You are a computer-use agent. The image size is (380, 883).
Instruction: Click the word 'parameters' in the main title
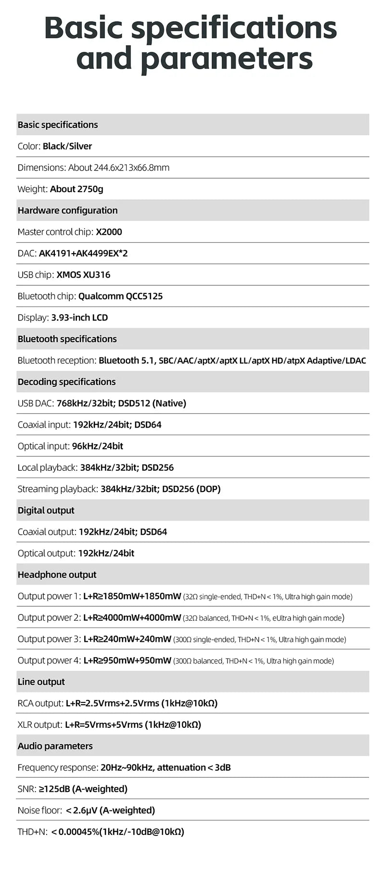point(227,59)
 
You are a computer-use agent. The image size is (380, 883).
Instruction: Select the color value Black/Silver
point(67,146)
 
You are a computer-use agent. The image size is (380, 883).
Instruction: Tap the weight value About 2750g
point(76,189)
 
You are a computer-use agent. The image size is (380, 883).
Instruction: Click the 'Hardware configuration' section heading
point(67,210)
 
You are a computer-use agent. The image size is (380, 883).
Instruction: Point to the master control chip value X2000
point(109,232)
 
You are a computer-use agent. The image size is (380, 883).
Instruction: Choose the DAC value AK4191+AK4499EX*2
point(83,253)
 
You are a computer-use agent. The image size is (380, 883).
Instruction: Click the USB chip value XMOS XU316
point(83,275)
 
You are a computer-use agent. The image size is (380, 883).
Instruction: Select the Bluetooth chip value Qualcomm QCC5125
point(120,296)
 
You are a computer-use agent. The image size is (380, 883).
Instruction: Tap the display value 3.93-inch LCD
point(79,318)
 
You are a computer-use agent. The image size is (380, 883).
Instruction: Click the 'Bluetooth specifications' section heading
point(67,339)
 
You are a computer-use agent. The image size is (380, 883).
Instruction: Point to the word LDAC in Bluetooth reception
point(355,360)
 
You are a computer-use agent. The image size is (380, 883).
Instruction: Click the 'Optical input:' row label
point(43,446)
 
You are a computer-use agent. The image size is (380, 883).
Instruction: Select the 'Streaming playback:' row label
point(58,489)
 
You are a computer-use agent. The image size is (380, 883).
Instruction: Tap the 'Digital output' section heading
point(46,510)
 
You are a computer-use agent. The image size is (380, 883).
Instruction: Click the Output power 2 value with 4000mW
point(132,618)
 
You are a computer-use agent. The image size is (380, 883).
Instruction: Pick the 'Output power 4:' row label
point(49,661)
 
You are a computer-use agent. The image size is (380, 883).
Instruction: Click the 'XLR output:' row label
point(40,724)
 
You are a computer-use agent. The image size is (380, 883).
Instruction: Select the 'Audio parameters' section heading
point(55,746)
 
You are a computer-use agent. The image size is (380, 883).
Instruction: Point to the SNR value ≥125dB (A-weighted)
point(83,789)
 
